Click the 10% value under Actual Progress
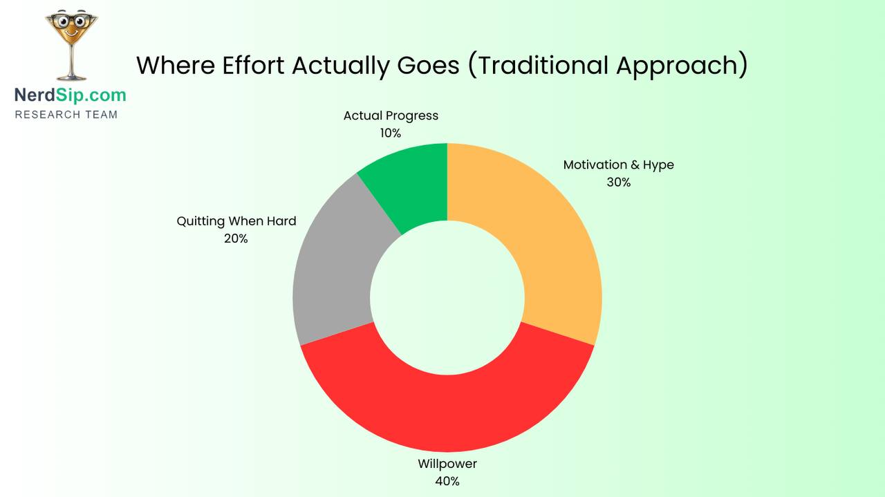[x=391, y=133]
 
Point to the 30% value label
[x=618, y=182]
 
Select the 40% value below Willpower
[x=447, y=481]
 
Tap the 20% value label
[x=236, y=238]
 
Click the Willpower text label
[x=447, y=464]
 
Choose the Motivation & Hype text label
[x=618, y=165]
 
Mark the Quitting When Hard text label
[x=236, y=221]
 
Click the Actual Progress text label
[x=391, y=115]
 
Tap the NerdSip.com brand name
[x=71, y=95]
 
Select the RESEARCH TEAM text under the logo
[x=66, y=114]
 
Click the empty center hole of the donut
[x=447, y=297]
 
